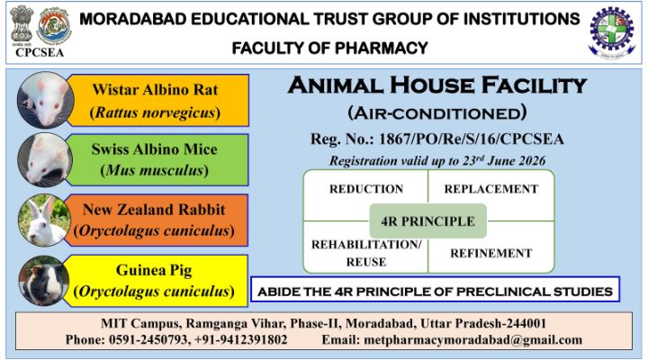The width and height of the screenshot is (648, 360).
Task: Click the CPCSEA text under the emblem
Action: [40, 52]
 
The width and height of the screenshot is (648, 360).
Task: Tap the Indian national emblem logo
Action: [22, 25]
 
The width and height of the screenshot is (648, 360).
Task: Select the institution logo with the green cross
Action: [612, 32]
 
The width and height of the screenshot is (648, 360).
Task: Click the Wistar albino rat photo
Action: [46, 100]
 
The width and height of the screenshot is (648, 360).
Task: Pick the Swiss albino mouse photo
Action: [45, 160]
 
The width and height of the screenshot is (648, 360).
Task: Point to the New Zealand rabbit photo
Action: [44, 220]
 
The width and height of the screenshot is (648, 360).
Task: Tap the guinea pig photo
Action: [44, 281]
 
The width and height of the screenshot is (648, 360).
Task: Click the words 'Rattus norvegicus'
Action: [156, 112]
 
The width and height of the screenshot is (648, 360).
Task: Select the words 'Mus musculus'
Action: [155, 170]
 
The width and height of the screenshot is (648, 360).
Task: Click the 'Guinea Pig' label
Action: [154, 270]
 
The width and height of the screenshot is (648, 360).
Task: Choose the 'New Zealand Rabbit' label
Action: [154, 210]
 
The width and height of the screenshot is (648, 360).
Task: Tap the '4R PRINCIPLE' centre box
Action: [427, 221]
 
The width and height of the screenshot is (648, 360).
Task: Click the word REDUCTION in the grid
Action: [366, 189]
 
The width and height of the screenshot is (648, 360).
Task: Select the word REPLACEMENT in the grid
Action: [491, 189]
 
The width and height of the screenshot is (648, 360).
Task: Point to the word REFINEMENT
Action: [491, 253]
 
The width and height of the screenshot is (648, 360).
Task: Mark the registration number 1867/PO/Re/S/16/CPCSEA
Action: [471, 139]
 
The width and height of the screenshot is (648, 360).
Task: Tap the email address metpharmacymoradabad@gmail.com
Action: [473, 340]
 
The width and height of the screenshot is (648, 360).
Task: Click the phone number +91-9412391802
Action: [240, 339]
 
